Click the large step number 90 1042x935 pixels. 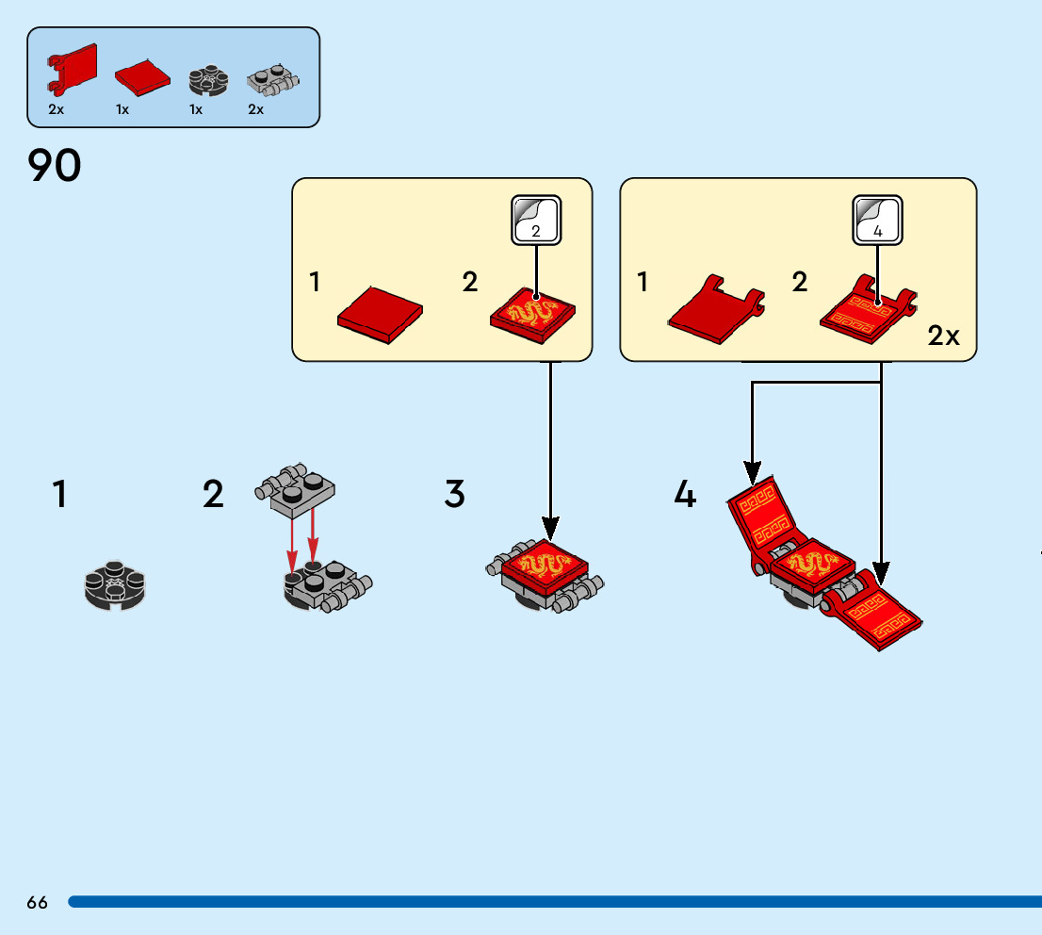point(55,166)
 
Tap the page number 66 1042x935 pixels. point(38,902)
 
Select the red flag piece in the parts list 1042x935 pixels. point(72,69)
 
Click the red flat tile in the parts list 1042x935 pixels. point(142,78)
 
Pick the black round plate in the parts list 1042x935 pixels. point(208,80)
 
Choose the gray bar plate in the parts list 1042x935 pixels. point(273,80)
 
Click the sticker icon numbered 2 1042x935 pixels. point(536,221)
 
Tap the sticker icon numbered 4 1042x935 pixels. point(877,221)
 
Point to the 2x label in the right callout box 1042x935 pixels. point(944,336)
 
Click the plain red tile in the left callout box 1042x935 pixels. point(380,315)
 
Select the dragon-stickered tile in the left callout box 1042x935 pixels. point(532,315)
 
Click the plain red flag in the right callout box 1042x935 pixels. point(716,308)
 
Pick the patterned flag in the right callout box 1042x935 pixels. point(869,308)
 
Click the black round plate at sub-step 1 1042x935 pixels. point(115,586)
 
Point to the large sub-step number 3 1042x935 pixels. point(454,494)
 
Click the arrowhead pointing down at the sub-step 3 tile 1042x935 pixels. point(550,529)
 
